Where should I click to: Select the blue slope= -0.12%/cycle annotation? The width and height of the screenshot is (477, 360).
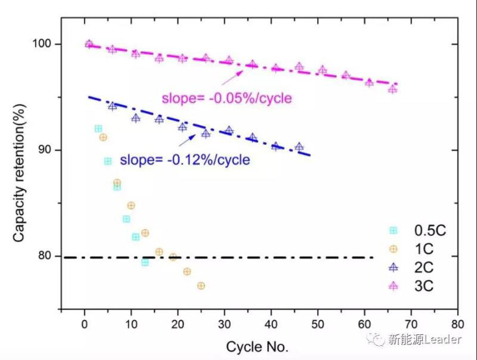click(x=185, y=160)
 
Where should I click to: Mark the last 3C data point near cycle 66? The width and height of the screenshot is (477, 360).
click(x=392, y=89)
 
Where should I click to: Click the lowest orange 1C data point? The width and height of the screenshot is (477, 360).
click(x=201, y=286)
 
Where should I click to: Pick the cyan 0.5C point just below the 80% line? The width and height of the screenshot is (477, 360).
click(x=145, y=262)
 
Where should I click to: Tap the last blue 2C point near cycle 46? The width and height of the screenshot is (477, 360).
click(x=299, y=147)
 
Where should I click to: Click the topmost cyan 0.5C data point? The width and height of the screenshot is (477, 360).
click(x=98, y=129)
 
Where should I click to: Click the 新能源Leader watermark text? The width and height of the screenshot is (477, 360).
click(x=425, y=340)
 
